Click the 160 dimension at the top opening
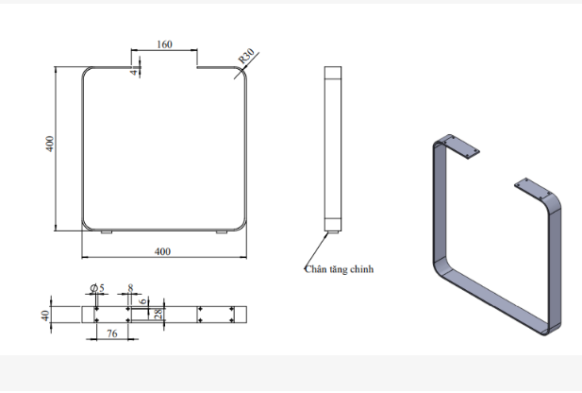[x=164, y=43]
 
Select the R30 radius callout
[x=247, y=57]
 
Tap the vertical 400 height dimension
[x=50, y=145]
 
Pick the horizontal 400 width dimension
[x=162, y=251]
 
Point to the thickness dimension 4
[x=134, y=70]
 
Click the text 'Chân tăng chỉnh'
[x=340, y=269]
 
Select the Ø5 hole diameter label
[x=96, y=287]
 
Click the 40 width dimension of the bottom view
[x=44, y=315]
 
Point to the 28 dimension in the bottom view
[x=158, y=314]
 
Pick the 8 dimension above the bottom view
[x=130, y=287]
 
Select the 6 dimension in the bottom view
[x=142, y=302]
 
